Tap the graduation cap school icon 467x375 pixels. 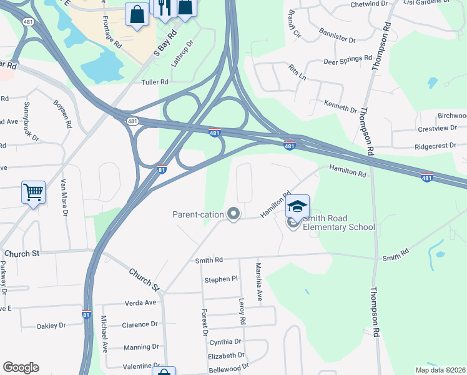pos(298,207)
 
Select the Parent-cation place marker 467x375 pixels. pos(234,214)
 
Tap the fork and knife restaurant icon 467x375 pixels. pos(164,7)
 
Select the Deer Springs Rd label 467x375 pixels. pos(347,62)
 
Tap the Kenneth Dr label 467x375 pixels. pos(340,106)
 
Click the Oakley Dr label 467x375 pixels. pos(51,326)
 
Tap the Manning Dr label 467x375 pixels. pos(141,347)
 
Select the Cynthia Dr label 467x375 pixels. pos(225,342)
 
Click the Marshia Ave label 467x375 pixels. pos(258,281)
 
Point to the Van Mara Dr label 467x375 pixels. pos(64,197)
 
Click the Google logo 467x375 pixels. pos(21,367)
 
